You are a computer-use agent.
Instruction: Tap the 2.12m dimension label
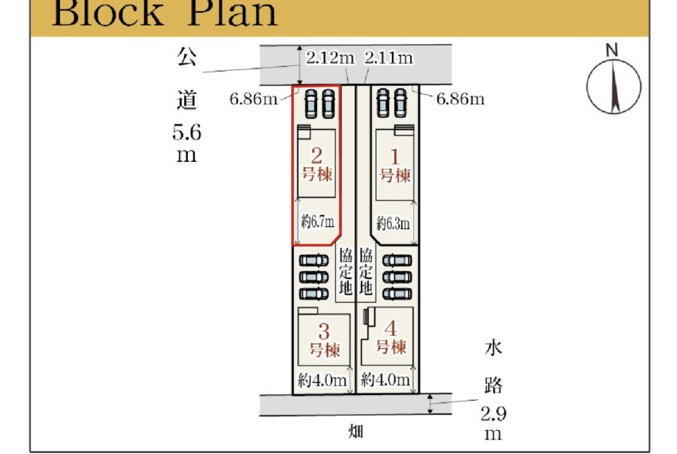coord(330,57)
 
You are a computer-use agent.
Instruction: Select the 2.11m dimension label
coord(389,57)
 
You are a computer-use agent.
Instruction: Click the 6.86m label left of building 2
coord(252,99)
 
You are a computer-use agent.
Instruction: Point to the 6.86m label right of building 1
coord(461,99)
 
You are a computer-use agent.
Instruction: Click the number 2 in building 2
coord(317,155)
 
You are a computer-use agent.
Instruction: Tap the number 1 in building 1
coord(394,155)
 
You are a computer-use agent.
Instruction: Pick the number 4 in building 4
coord(390,328)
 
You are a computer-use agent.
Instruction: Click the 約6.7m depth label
coord(318,221)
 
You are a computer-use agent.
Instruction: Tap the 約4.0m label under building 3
coord(323,381)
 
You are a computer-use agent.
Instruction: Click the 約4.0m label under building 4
coord(386,381)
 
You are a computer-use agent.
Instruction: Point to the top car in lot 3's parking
coord(312,260)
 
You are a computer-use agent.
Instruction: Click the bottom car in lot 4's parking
coord(395,293)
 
